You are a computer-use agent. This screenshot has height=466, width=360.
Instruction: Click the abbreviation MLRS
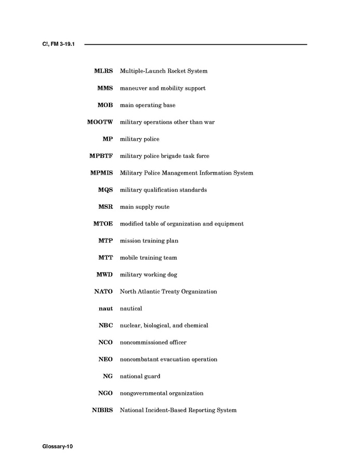(x=103, y=71)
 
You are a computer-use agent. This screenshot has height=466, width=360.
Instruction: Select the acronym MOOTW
(x=100, y=122)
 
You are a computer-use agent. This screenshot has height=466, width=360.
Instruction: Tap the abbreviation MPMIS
(x=101, y=173)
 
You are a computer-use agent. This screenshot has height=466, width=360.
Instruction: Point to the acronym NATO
(x=103, y=291)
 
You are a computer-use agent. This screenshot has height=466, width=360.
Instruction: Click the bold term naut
(x=105, y=309)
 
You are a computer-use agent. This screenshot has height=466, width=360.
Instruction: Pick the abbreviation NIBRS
(x=102, y=410)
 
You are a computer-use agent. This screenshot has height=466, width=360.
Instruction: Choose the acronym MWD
(x=104, y=274)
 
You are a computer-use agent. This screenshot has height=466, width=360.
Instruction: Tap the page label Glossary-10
(x=58, y=446)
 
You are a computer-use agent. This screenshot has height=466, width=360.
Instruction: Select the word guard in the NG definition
(x=153, y=376)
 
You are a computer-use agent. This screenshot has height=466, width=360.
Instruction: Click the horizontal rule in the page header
(x=195, y=45)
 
